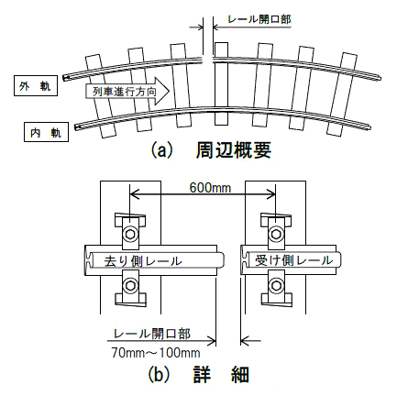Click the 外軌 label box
(36, 85)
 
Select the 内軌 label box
(46, 132)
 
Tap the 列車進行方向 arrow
(127, 91)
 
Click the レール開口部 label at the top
(259, 19)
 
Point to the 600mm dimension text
(210, 188)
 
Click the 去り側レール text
(143, 260)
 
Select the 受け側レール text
(293, 260)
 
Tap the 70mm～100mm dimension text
(156, 353)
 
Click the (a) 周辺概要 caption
(211, 150)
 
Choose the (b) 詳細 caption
(199, 375)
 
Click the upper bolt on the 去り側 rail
(130, 234)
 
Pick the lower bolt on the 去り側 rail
(130, 285)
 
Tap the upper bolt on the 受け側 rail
(276, 234)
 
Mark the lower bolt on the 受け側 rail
(276, 285)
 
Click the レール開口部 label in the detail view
(152, 334)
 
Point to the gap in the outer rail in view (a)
(208, 60)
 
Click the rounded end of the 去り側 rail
(221, 260)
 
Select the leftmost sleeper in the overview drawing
(100, 95)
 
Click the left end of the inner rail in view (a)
(76, 126)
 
